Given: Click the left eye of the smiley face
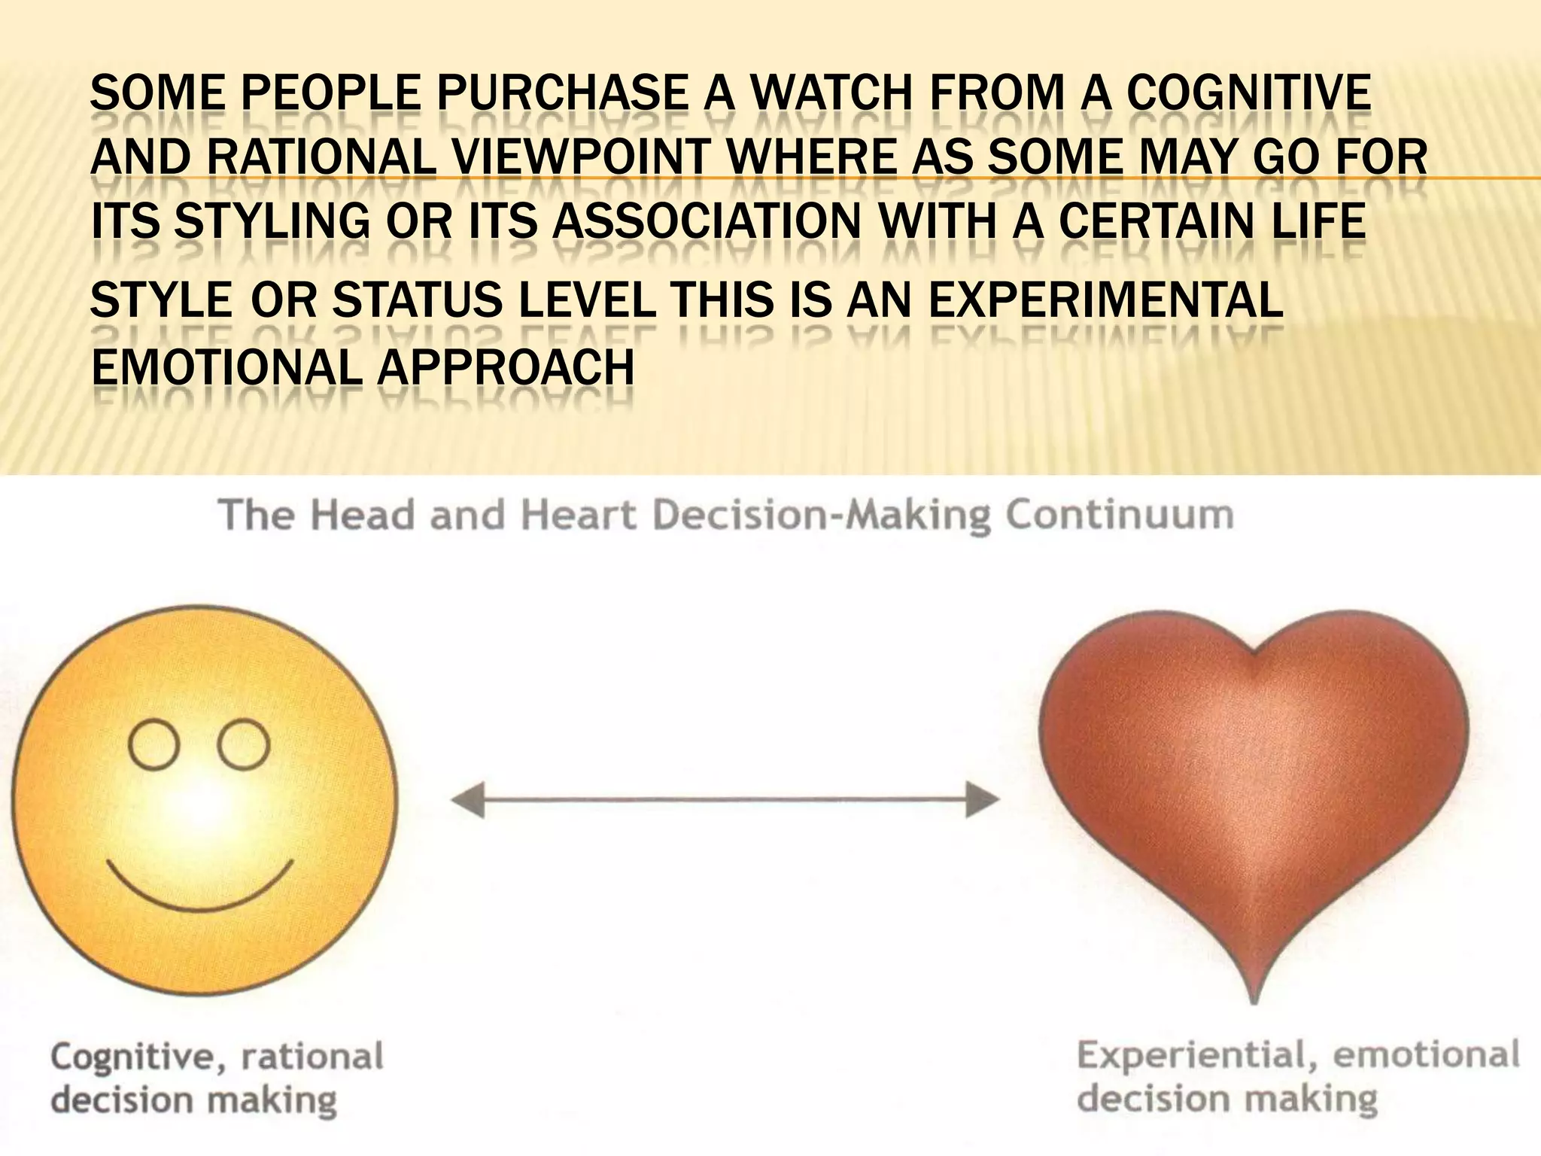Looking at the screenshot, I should click(x=154, y=745).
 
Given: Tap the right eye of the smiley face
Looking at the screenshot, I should click(x=244, y=745).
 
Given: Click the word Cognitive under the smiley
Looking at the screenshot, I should click(x=132, y=1057).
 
